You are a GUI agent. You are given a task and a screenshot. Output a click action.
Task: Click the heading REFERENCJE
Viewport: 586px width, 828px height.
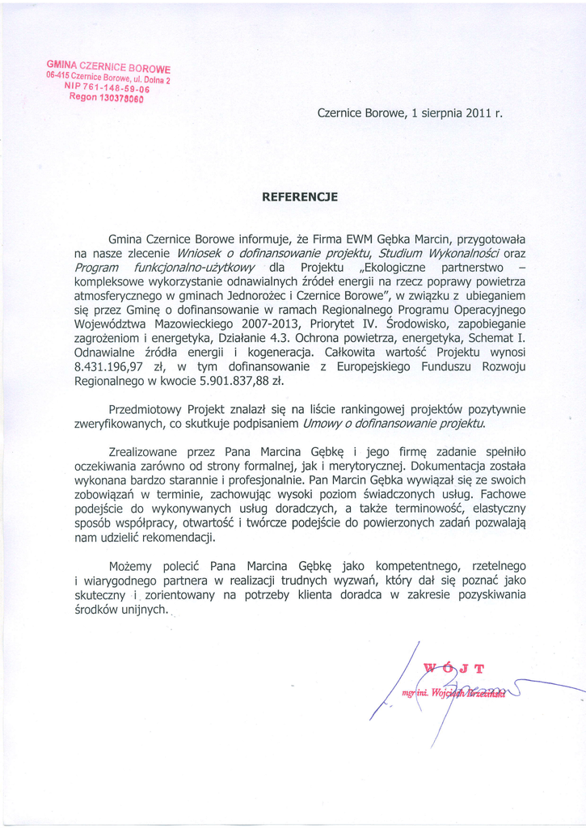(299, 196)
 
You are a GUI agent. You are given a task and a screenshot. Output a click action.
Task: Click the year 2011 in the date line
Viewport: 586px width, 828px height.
(479, 114)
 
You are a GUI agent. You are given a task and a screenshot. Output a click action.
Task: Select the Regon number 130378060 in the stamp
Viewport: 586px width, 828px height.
(119, 99)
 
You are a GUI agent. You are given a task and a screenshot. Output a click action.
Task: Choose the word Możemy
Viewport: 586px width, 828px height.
(133, 566)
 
